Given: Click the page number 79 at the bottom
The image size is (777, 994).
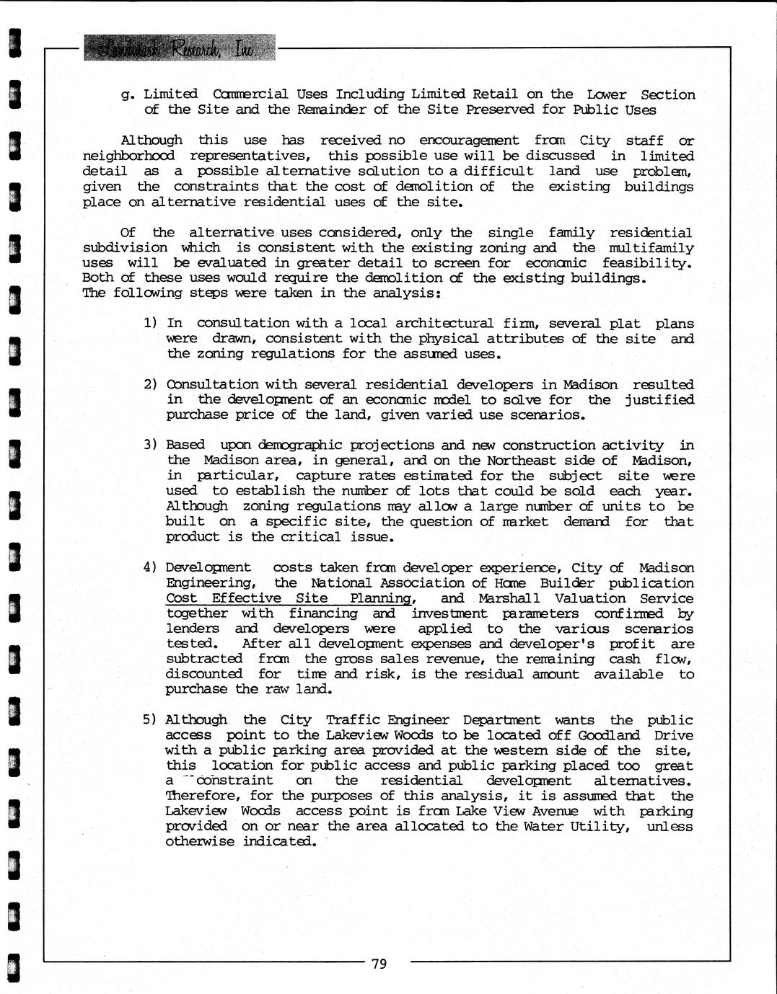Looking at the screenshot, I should pyautogui.click(x=379, y=963).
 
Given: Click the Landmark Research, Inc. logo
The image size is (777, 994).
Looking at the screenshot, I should pyautogui.click(x=179, y=48).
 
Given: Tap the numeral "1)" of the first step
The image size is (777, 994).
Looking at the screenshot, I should pyautogui.click(x=150, y=323).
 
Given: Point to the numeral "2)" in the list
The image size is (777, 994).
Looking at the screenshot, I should pyautogui.click(x=150, y=384).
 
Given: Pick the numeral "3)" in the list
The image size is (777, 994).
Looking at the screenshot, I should pyautogui.click(x=150, y=445).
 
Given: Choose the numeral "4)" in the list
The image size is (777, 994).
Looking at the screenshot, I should pyautogui.click(x=150, y=567).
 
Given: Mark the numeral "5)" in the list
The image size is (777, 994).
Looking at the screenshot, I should pyautogui.click(x=150, y=719).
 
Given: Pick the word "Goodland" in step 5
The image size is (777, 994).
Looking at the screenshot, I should pyautogui.click(x=609, y=735).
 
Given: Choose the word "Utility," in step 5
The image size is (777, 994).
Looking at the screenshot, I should pyautogui.click(x=600, y=826).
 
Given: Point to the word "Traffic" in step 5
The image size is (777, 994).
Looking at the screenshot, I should pyautogui.click(x=352, y=719).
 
